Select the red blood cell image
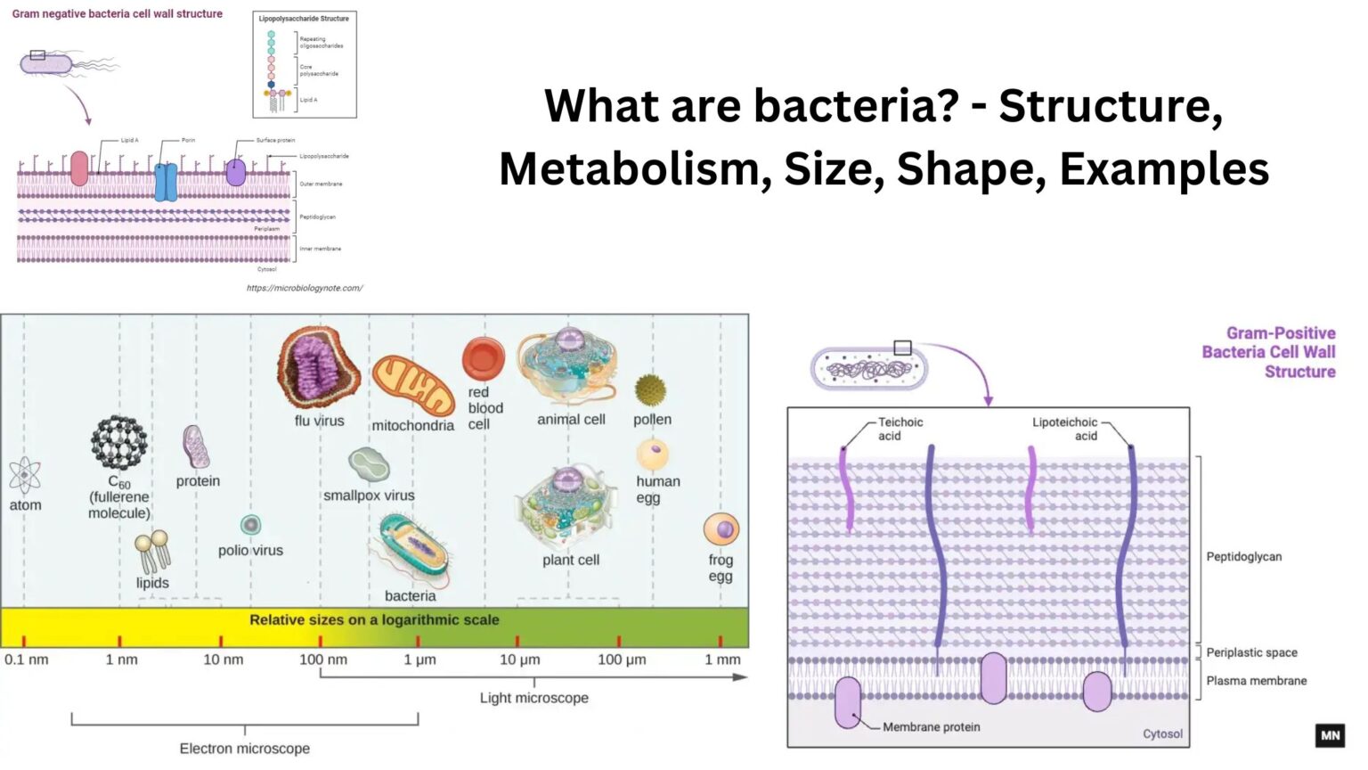click(483, 358)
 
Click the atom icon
click(24, 475)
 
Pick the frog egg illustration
click(721, 529)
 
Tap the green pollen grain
click(650, 389)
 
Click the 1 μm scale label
click(419, 659)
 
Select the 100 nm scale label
click(322, 659)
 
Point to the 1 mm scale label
click(722, 659)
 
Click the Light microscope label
click(533, 698)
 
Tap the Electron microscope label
click(244, 749)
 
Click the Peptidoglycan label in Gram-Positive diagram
click(1243, 557)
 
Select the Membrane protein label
click(931, 727)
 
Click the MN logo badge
click(1330, 735)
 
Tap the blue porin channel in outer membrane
click(166, 181)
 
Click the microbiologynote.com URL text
click(305, 288)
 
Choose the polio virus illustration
click(250, 525)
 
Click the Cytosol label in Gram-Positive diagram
click(1162, 734)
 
